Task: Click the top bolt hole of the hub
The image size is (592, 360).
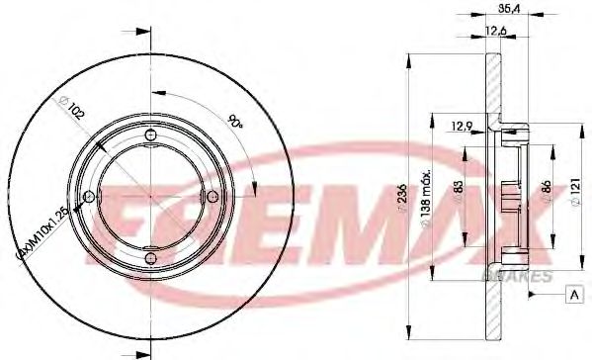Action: [149, 135]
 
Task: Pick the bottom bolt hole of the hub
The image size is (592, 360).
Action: [149, 259]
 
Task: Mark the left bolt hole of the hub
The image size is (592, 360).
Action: [88, 197]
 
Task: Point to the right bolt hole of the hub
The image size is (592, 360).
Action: [211, 197]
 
